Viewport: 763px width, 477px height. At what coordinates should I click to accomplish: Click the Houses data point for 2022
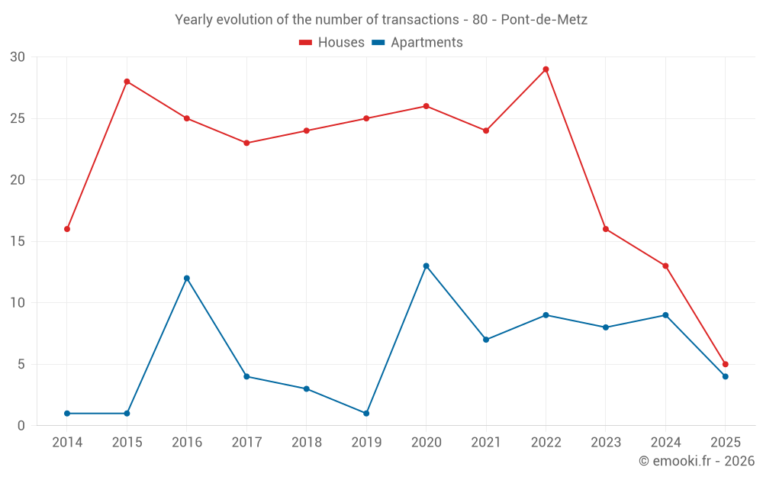[546, 69]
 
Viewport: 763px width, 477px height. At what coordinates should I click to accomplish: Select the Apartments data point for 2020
[426, 266]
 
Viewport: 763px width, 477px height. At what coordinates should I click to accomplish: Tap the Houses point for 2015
[127, 82]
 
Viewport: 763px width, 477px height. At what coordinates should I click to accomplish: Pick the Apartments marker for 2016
[187, 278]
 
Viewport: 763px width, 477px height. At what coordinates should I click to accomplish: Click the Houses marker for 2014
[67, 229]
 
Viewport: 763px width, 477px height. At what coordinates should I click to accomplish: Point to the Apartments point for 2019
[366, 413]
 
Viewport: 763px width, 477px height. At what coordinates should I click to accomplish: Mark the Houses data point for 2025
[725, 364]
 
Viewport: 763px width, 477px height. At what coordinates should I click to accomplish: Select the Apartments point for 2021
[486, 340]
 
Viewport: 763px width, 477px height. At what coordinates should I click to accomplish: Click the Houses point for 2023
[606, 229]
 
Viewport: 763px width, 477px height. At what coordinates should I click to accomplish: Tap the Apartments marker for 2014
[67, 413]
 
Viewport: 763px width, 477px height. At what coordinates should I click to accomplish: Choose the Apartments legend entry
[417, 43]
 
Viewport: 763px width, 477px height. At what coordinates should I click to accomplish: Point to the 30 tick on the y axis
[18, 57]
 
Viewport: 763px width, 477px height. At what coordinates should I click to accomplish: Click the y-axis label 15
[18, 241]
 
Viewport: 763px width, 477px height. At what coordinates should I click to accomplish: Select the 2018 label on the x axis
[307, 442]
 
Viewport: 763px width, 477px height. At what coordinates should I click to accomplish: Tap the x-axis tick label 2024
[665, 442]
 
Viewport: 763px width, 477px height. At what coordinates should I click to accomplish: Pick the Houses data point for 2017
[246, 143]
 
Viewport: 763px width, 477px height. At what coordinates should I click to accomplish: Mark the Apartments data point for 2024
[665, 315]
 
